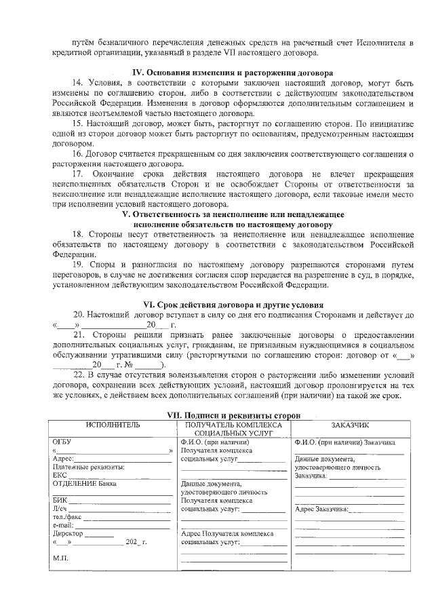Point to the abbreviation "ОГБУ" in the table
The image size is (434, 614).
pyautogui.click(x=62, y=442)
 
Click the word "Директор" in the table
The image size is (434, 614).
pyautogui.click(x=68, y=534)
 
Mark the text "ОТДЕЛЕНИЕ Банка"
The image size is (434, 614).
pyautogui.click(x=84, y=484)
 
